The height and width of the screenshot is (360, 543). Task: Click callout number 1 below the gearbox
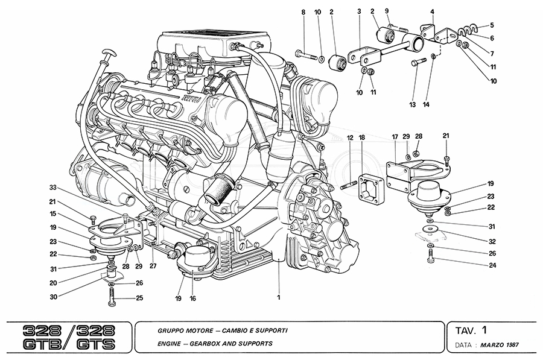click(279, 297)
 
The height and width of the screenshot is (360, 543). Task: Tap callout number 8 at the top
click(303, 12)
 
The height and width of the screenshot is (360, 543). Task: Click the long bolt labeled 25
click(113, 295)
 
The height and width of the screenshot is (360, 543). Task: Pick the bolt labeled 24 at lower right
click(430, 258)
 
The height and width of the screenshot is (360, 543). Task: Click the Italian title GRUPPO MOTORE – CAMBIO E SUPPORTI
click(223, 330)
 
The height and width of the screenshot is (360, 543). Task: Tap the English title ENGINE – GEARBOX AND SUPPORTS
click(215, 344)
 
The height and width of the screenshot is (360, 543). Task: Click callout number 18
click(361, 138)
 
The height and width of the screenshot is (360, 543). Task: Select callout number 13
click(413, 105)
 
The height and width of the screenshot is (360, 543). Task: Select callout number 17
click(395, 138)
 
